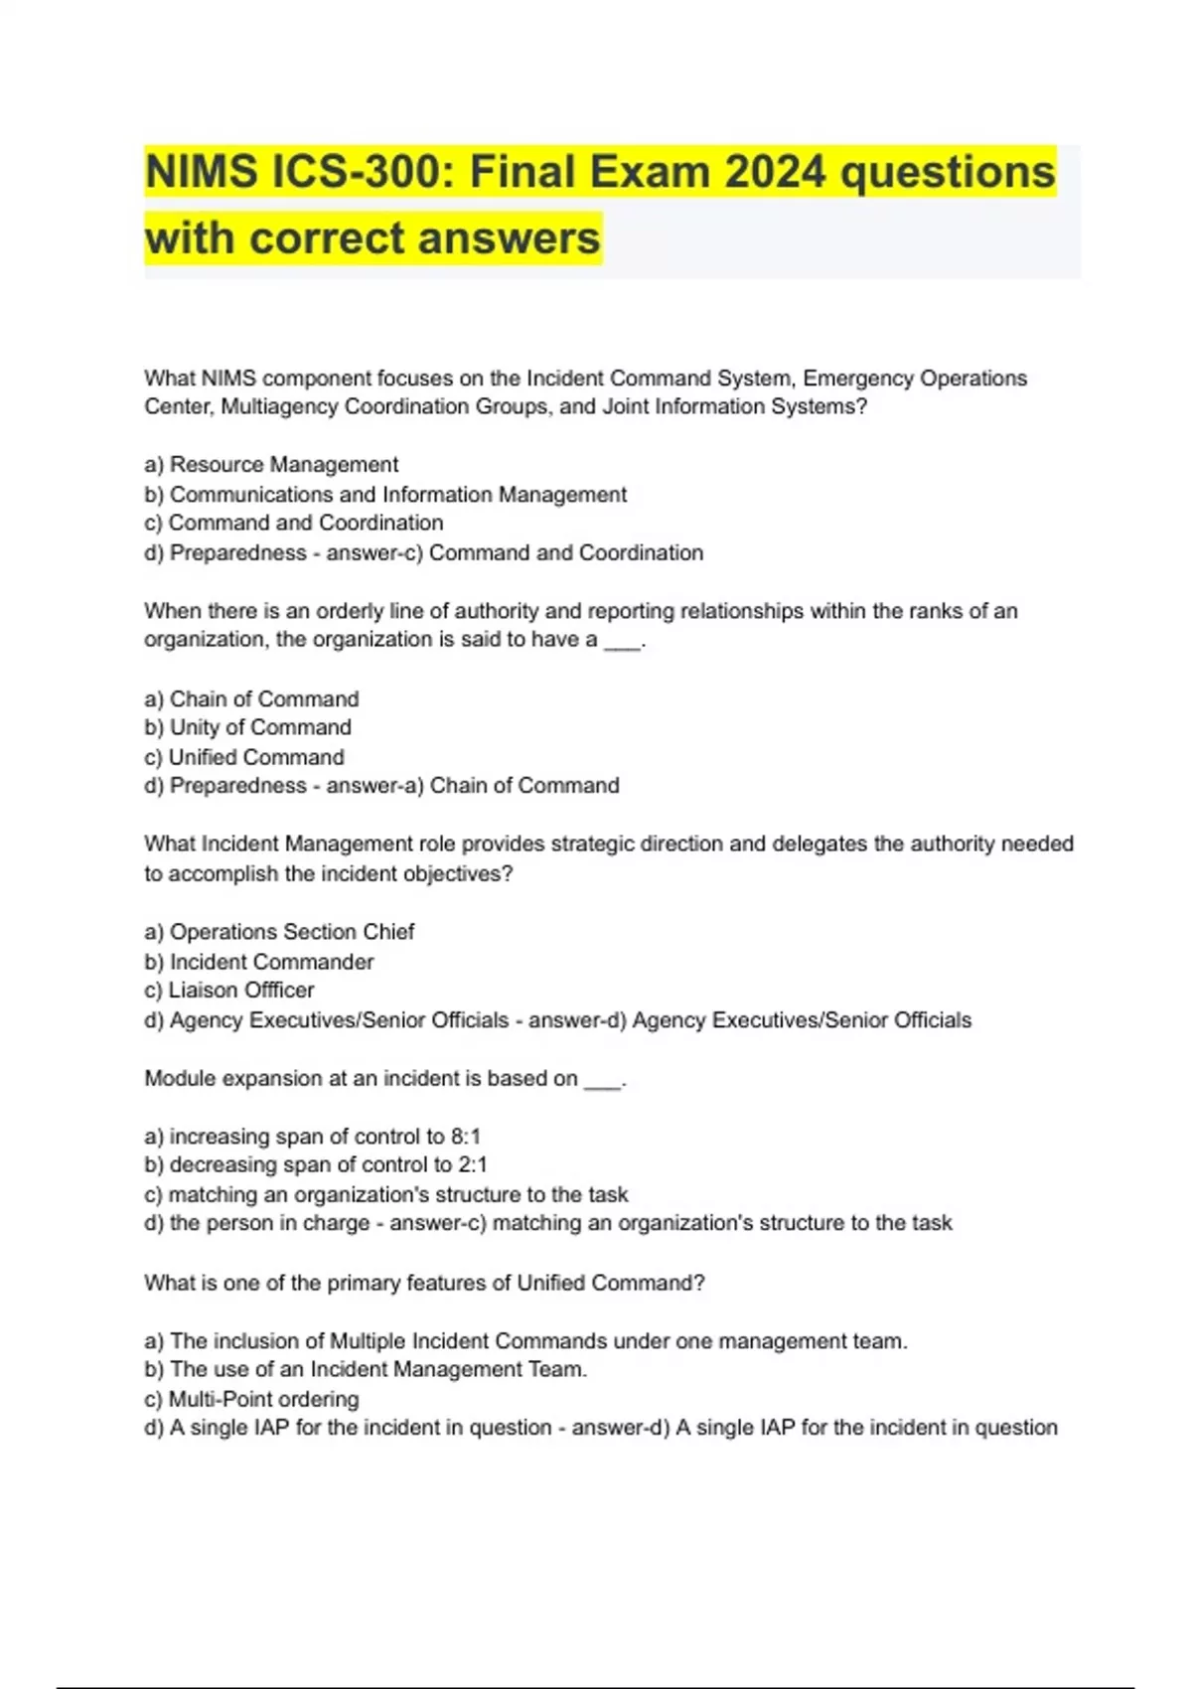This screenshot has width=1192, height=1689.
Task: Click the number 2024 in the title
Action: pos(775,172)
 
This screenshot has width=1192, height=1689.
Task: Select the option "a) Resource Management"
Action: pos(271,464)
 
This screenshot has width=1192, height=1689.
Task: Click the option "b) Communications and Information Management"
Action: pos(385,494)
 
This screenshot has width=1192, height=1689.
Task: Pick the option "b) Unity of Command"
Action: pos(247,727)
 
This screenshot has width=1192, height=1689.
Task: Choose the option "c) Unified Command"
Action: pos(244,757)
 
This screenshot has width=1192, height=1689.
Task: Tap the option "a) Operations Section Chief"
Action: pos(279,932)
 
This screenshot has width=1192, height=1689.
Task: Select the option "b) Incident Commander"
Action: pos(259,962)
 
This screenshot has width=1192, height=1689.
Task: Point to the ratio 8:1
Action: pos(465,1136)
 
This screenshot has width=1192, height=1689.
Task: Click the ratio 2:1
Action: pos(472,1164)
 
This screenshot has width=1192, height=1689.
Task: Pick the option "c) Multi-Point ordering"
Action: pos(251,1399)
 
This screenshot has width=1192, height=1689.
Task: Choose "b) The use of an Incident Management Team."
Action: pos(366,1369)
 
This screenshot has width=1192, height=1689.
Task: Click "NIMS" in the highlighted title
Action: pos(202,172)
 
